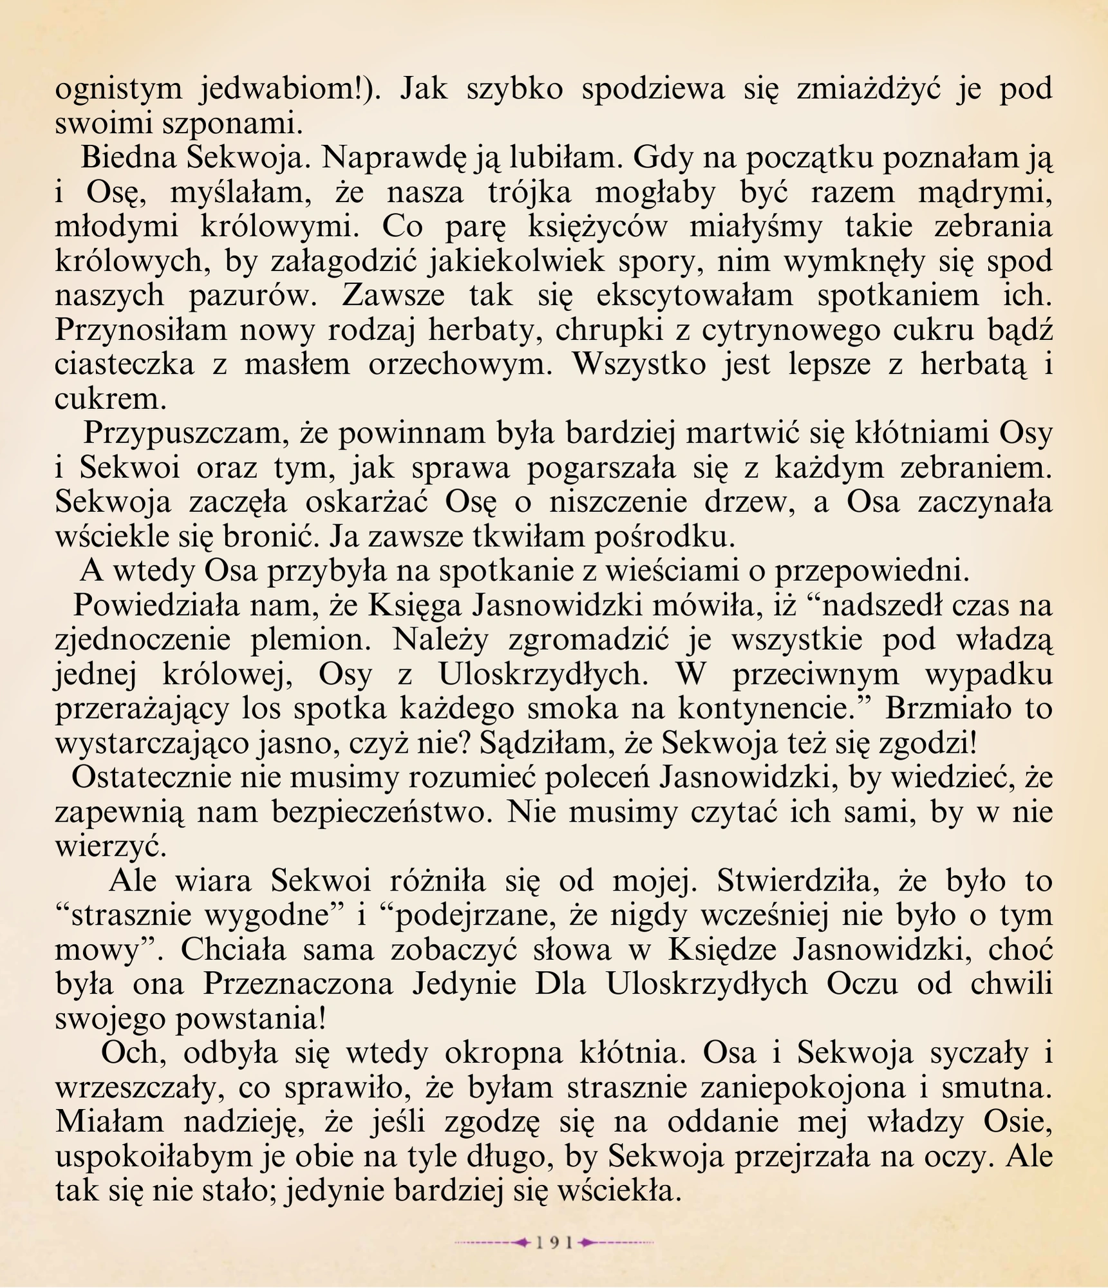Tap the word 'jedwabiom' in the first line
pyautogui.click(x=283, y=89)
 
